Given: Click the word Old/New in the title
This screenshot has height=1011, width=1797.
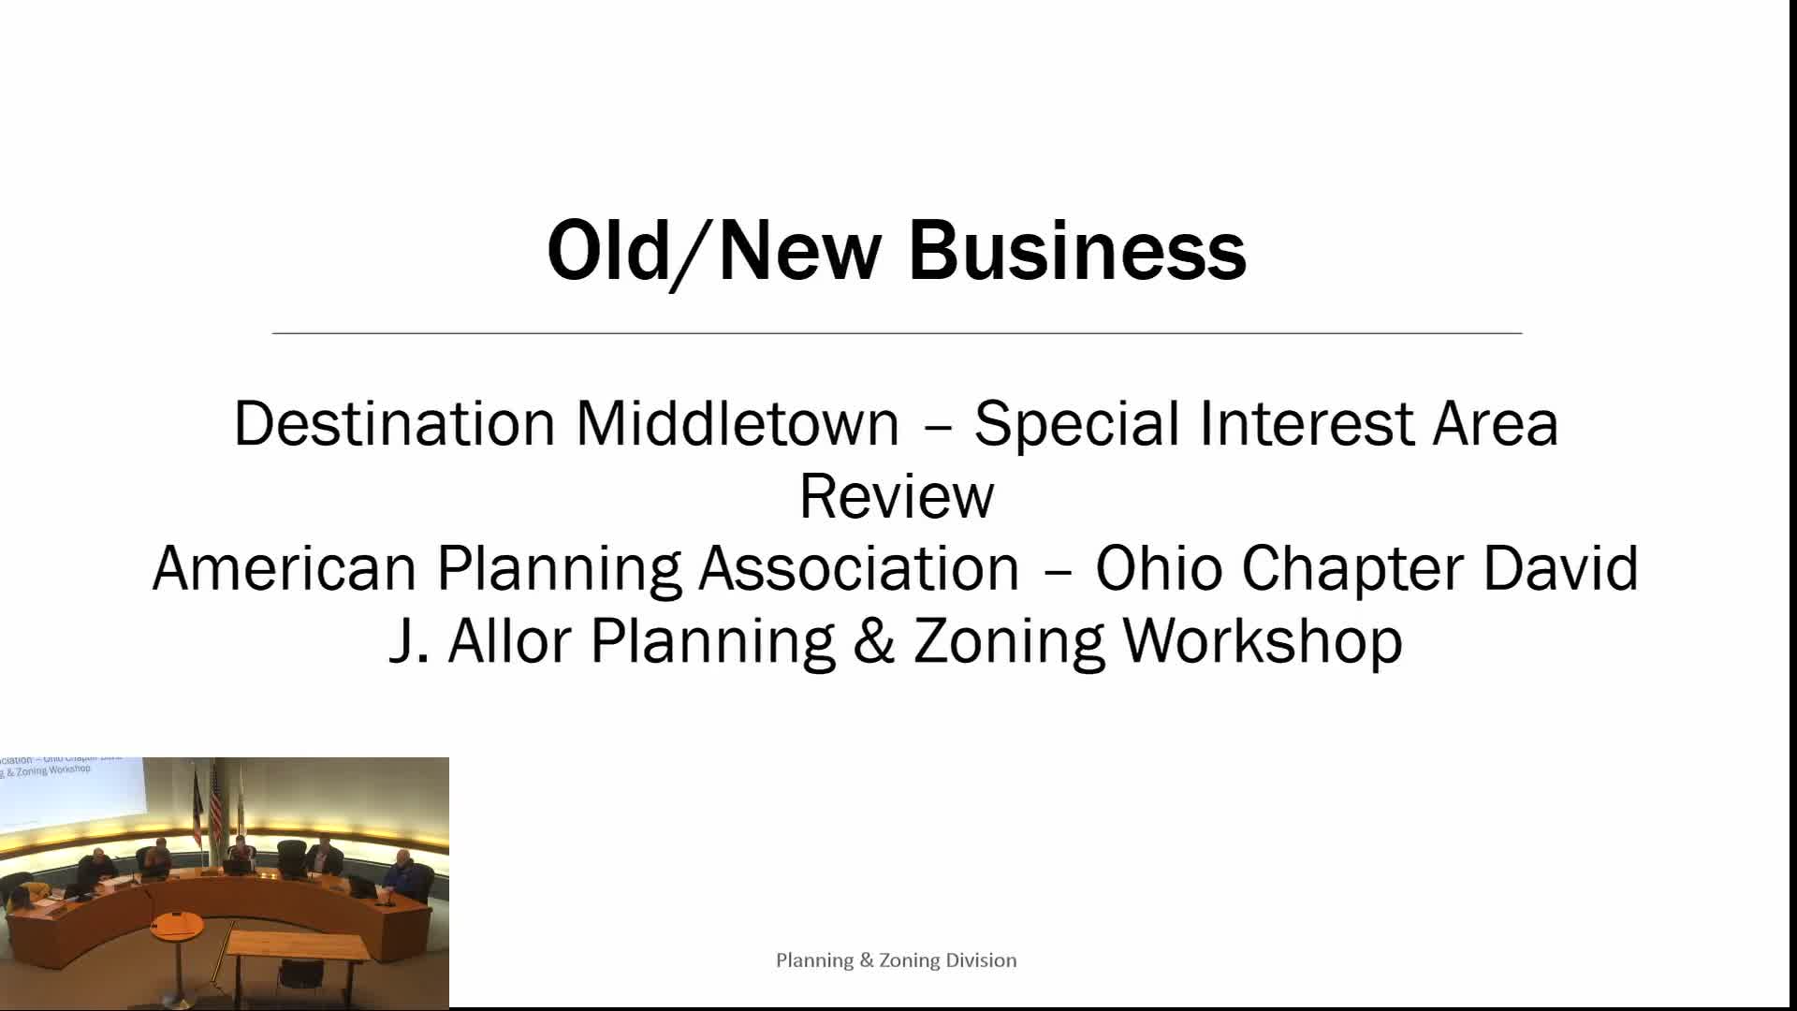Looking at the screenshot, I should point(713,251).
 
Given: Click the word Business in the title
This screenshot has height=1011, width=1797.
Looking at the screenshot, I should point(1077,251).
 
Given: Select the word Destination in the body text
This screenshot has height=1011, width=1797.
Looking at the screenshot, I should point(395,423).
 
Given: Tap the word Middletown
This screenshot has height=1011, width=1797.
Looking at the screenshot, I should point(738,423).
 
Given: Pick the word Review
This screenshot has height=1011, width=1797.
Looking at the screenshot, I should point(897,496).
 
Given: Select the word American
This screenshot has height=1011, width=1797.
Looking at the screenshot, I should point(284,568).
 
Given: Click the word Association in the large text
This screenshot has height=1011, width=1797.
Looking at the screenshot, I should point(859,568).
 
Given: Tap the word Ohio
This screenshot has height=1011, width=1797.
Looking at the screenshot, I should point(1159,568).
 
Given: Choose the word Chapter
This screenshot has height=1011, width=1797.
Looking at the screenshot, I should point(1352,568).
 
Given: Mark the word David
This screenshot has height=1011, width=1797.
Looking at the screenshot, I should point(1561,568).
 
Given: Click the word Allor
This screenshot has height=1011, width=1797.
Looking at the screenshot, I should point(509,641).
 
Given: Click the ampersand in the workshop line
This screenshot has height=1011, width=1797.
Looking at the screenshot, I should point(874,641).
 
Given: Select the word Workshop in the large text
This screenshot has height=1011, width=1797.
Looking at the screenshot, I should point(1263,641).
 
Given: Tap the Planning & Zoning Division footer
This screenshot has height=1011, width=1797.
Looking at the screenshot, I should point(896,960).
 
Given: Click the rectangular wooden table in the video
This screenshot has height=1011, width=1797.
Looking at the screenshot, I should point(298,945).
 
